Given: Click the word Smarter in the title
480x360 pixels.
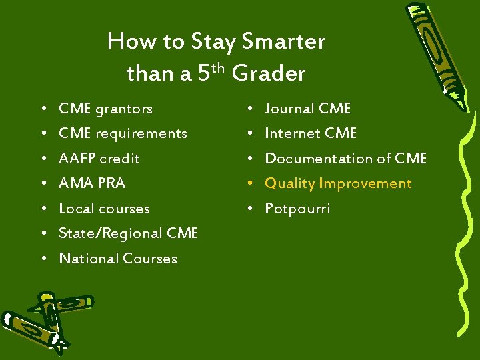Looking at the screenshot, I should [x=283, y=42].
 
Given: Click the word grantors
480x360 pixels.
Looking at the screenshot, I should [x=124, y=109].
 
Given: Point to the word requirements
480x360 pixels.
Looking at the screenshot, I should [x=141, y=133].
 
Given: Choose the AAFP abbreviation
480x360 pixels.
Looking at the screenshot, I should [x=77, y=159].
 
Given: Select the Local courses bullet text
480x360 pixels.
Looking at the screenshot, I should [x=104, y=209].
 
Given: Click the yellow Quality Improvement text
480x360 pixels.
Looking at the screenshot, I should [x=338, y=183].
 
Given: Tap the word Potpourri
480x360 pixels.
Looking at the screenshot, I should [x=297, y=209].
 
